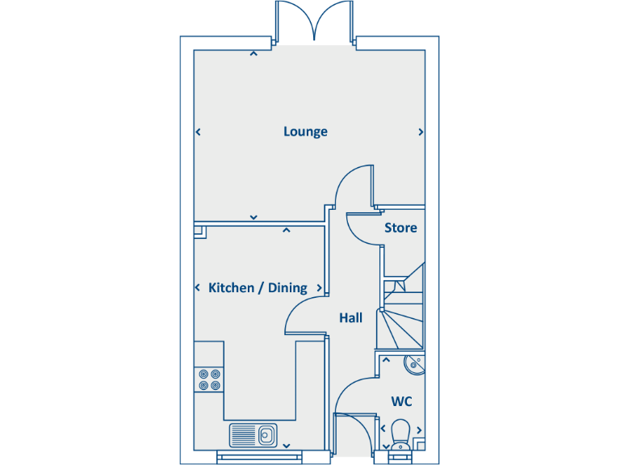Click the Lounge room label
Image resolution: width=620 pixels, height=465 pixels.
305,132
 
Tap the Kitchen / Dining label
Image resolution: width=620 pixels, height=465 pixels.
258,288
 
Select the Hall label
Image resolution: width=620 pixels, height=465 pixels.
350,318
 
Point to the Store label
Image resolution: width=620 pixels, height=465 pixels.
400,228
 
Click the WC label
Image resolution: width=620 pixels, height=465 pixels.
401,401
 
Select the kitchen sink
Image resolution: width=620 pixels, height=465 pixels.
253,435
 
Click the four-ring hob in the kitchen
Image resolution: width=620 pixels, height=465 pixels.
209,379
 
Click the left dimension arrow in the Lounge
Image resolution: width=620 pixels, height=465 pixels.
199,132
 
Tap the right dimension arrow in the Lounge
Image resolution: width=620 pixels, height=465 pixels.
421,132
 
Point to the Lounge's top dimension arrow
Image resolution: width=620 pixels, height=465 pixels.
253,54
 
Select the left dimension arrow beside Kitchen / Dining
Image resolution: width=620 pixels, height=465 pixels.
199,288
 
